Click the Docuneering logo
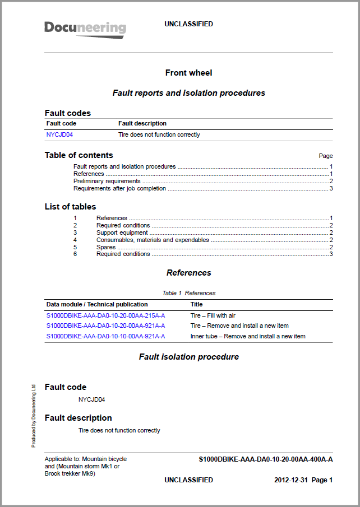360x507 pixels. point(85,29)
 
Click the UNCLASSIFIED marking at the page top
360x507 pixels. point(188,24)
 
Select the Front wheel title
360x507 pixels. point(188,73)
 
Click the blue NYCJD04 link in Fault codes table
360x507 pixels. point(59,134)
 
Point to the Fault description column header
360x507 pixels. point(142,123)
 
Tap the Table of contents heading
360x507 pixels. point(79,155)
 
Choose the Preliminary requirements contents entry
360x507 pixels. point(107,181)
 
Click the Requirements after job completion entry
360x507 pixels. point(119,188)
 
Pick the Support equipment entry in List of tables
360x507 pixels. point(122,232)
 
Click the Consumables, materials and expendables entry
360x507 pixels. point(153,240)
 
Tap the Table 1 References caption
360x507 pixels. point(188,293)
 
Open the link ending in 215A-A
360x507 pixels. point(105,315)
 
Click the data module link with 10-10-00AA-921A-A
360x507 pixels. point(105,336)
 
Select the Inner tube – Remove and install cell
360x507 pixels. point(248,336)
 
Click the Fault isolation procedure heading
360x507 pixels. point(188,357)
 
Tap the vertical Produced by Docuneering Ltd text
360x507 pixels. point(34,415)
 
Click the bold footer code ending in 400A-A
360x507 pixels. point(266,459)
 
